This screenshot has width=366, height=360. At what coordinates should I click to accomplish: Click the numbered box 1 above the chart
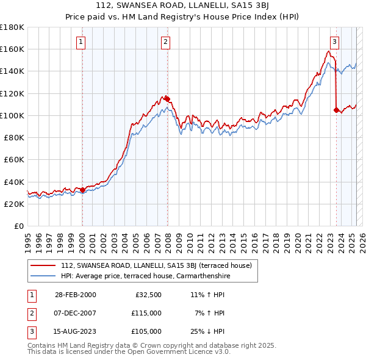pos(82,42)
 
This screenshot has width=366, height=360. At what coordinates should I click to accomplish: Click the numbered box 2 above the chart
pos(166,42)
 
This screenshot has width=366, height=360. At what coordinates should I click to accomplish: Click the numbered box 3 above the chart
pos(335,42)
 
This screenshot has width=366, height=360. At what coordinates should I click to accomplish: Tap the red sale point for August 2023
pos(336,110)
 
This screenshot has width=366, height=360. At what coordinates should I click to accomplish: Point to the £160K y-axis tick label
pos(12,49)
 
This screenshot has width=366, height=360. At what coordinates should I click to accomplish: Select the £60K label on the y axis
pos(13,160)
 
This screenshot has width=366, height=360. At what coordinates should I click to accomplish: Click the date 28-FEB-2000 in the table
pos(75,295)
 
